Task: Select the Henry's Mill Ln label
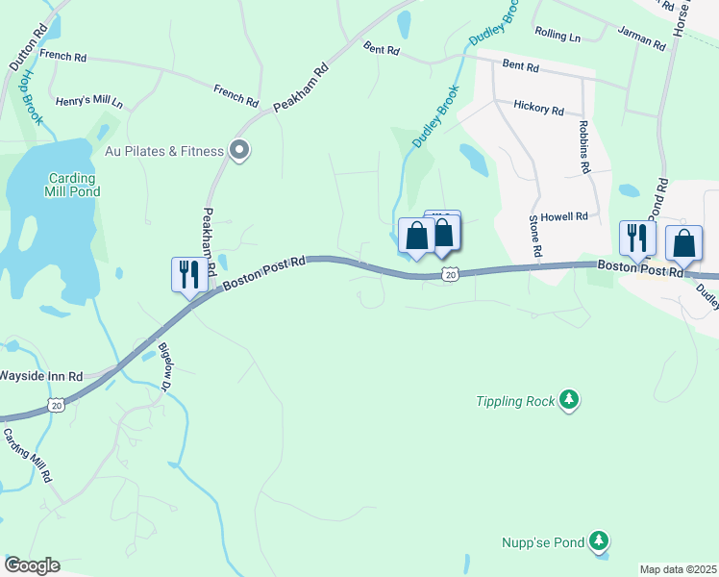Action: point(89,101)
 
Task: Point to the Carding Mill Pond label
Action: point(73,185)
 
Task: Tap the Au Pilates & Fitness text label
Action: point(164,151)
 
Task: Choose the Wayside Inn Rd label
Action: point(41,376)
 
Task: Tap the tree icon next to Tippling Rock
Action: point(570,399)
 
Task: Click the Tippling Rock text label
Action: point(516,401)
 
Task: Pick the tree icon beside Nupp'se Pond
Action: point(600,541)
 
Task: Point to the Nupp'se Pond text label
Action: point(543,542)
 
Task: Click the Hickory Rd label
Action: point(538,109)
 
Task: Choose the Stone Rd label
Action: point(534,236)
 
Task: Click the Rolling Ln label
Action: point(558,37)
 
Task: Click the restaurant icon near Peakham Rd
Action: point(187,275)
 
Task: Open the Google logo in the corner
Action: point(32,565)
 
